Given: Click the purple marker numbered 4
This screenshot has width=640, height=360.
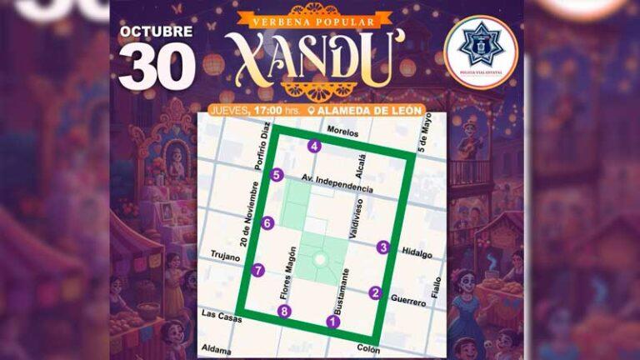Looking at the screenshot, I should [314, 147].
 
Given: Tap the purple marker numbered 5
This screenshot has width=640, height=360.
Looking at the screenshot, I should [277, 175].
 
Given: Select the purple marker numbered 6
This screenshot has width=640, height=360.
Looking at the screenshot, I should [267, 222].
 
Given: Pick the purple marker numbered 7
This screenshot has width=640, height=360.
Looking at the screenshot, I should [258, 270].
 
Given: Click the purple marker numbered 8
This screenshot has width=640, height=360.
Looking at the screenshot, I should [285, 312].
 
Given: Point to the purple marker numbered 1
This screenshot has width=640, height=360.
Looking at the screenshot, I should [334, 322].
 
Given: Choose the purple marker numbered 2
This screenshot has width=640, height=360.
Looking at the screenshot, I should [376, 292].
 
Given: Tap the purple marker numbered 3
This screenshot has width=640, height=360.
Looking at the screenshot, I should [382, 247].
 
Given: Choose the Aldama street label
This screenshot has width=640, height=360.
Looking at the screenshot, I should [216, 350].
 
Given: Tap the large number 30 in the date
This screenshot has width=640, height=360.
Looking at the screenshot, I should [156, 67].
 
